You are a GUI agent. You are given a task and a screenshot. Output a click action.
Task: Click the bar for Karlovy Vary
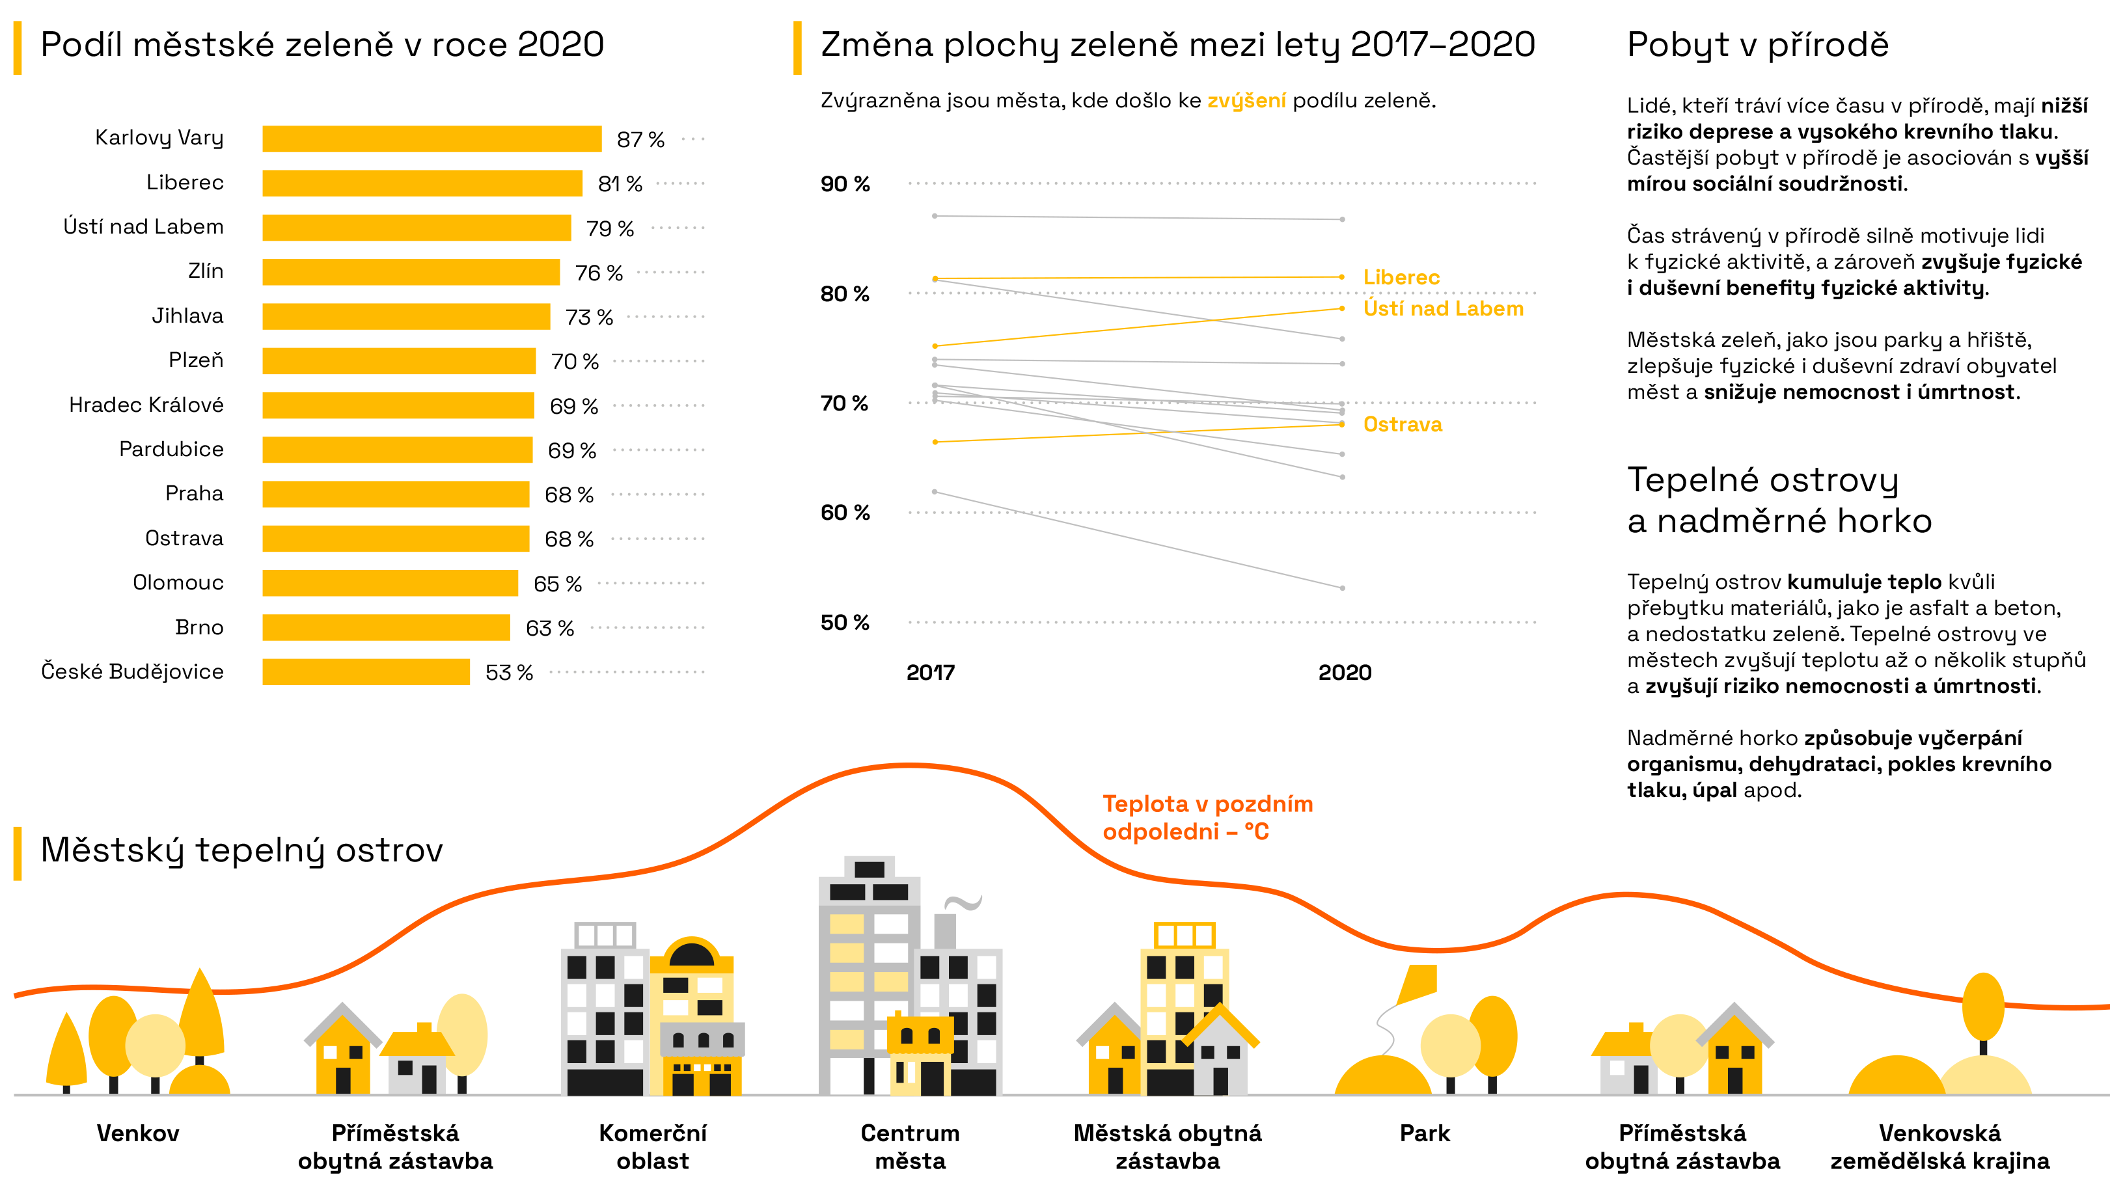tap(432, 139)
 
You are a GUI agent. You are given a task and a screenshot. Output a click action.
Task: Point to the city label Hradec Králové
tap(146, 405)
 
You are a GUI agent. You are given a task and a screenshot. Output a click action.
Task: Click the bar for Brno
tap(386, 627)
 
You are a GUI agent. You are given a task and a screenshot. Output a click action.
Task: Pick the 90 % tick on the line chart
tap(845, 183)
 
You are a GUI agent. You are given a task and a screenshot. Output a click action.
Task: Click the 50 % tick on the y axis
tap(845, 623)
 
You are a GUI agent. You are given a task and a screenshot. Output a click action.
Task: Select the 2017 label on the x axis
tap(931, 672)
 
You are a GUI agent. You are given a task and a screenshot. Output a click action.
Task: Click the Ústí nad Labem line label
tap(1442, 309)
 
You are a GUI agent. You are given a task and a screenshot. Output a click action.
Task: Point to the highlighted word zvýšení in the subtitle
tap(1246, 101)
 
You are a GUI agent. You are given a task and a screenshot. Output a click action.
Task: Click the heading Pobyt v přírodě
tap(1757, 44)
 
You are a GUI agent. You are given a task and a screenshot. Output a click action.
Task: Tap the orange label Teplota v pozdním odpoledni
tap(1207, 817)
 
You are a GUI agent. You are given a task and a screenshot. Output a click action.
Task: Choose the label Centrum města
tap(910, 1146)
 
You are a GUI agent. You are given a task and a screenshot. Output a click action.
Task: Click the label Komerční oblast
tap(653, 1146)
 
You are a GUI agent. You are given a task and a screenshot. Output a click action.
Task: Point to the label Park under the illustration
tap(1425, 1133)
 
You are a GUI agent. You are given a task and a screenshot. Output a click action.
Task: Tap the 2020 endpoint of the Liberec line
tap(1341, 277)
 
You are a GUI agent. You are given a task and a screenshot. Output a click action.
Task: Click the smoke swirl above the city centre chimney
tap(963, 902)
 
